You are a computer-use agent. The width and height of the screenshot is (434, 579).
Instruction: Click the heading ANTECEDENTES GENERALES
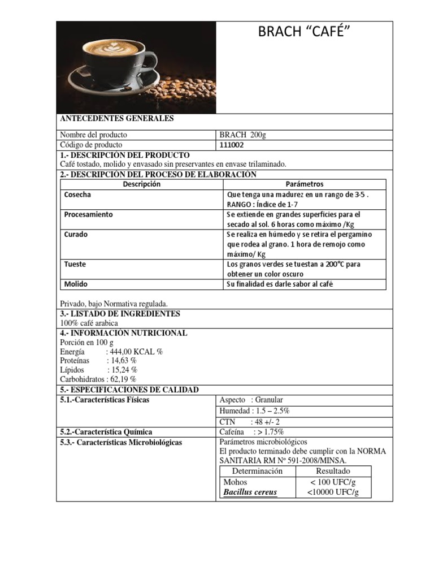point(117,119)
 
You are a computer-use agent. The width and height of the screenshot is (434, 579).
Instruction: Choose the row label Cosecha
point(78,195)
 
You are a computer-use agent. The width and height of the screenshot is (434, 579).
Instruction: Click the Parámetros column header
point(304,184)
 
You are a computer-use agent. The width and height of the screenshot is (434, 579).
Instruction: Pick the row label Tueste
point(76,264)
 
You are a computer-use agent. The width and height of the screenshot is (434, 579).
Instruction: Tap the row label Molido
point(76,284)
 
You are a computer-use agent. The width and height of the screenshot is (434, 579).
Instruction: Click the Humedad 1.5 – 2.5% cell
point(254,411)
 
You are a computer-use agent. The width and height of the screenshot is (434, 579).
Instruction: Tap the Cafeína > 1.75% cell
point(251,432)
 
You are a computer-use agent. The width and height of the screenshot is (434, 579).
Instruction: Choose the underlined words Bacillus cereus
point(250,492)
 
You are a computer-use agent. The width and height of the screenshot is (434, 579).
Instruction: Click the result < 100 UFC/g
point(333,482)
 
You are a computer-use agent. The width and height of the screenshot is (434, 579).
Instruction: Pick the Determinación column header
point(257,471)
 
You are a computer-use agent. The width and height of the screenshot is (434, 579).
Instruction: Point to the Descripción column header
point(141,184)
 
